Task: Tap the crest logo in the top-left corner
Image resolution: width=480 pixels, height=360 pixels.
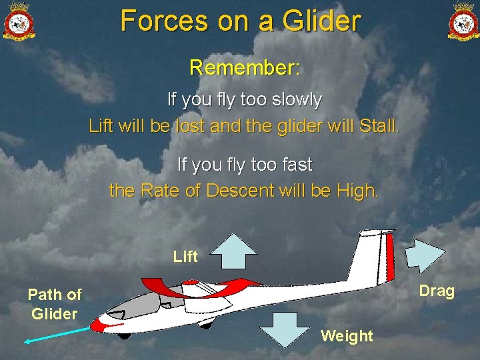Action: point(19,21)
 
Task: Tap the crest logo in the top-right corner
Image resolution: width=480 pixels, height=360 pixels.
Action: point(463,21)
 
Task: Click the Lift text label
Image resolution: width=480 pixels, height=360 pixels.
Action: point(185,257)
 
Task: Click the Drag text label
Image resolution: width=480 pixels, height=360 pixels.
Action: point(437,291)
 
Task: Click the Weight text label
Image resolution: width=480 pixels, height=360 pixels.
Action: point(347,336)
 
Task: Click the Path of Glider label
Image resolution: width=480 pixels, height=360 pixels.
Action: point(55,304)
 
